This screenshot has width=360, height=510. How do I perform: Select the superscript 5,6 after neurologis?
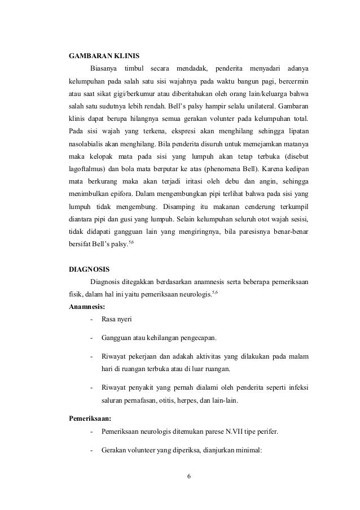[214, 292]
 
